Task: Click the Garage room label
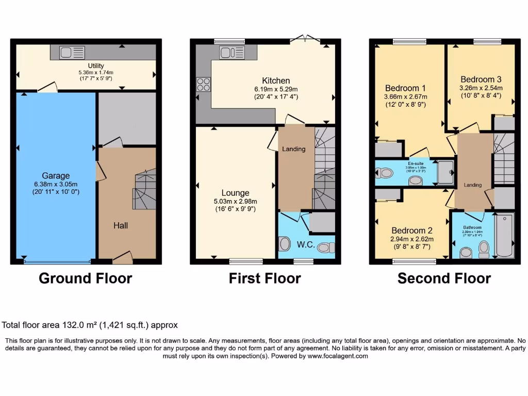point(56,176)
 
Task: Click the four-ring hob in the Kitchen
point(203,84)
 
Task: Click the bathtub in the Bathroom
point(504,235)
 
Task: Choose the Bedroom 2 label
point(412,230)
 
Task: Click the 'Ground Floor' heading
point(86,278)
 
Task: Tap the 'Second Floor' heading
point(444,278)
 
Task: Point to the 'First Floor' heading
point(265,278)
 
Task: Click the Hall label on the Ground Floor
point(121,225)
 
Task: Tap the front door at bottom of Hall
point(123,256)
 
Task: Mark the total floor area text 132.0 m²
point(90,325)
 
